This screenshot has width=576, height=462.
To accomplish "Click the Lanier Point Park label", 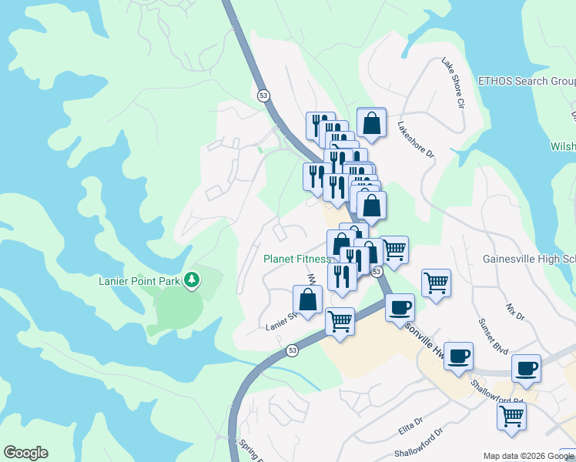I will (x=139, y=281).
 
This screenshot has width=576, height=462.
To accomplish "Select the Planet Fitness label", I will (x=296, y=259).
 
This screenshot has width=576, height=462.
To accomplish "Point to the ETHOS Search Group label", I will (x=527, y=81).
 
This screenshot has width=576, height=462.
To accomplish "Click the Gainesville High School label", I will (x=529, y=259).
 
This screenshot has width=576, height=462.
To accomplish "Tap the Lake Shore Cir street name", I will (x=454, y=82).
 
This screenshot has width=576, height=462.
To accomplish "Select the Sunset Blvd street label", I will (x=493, y=336).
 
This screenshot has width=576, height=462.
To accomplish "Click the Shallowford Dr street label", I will (x=420, y=444).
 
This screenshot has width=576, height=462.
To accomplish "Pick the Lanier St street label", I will (x=281, y=320).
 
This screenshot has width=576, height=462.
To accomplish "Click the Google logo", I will (x=25, y=453).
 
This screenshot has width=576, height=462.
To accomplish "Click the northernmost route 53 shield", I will (x=263, y=95).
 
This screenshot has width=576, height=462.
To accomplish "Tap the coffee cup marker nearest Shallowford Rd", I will (x=527, y=368).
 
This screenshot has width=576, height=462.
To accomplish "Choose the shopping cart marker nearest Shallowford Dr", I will (x=511, y=417).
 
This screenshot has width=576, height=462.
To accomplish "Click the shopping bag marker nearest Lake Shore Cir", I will (x=371, y=123).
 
